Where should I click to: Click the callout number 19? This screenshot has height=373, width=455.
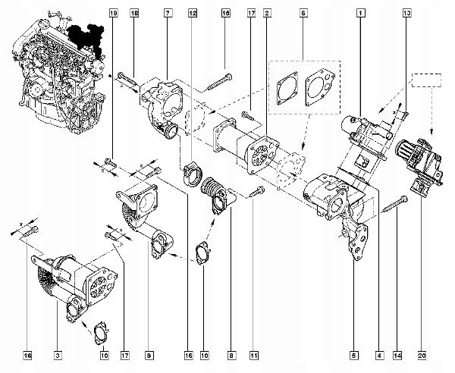tap(114, 14)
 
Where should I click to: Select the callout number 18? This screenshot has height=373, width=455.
tap(134, 14)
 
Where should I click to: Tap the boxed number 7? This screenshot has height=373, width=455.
tap(168, 14)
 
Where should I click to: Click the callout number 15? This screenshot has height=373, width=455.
tap(225, 14)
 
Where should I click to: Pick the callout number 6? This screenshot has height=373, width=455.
tap(303, 14)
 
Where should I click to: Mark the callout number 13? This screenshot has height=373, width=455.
tap(406, 14)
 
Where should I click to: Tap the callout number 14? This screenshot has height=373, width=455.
tap(398, 353)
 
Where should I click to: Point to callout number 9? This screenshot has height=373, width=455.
tap(149, 353)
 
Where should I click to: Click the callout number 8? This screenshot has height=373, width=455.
tap(231, 353)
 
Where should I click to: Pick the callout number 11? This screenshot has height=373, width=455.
tap(254, 353)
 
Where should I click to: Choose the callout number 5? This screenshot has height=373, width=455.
tap(353, 353)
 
